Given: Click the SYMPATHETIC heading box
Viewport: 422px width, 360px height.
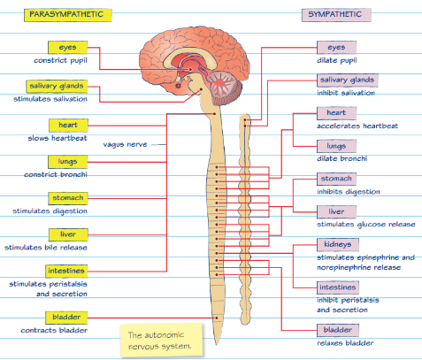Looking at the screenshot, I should click(x=335, y=15).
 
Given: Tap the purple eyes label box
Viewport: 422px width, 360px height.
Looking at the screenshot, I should click(x=335, y=47).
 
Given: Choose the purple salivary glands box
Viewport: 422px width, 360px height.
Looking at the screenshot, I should click(x=347, y=80).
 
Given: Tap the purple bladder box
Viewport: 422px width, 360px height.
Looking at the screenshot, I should click(x=337, y=329).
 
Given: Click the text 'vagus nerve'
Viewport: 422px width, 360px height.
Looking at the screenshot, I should click(x=122, y=143).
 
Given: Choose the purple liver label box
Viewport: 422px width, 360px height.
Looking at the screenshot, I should click(x=335, y=211).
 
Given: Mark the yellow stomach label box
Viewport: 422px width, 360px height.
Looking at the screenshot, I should click(x=65, y=197).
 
